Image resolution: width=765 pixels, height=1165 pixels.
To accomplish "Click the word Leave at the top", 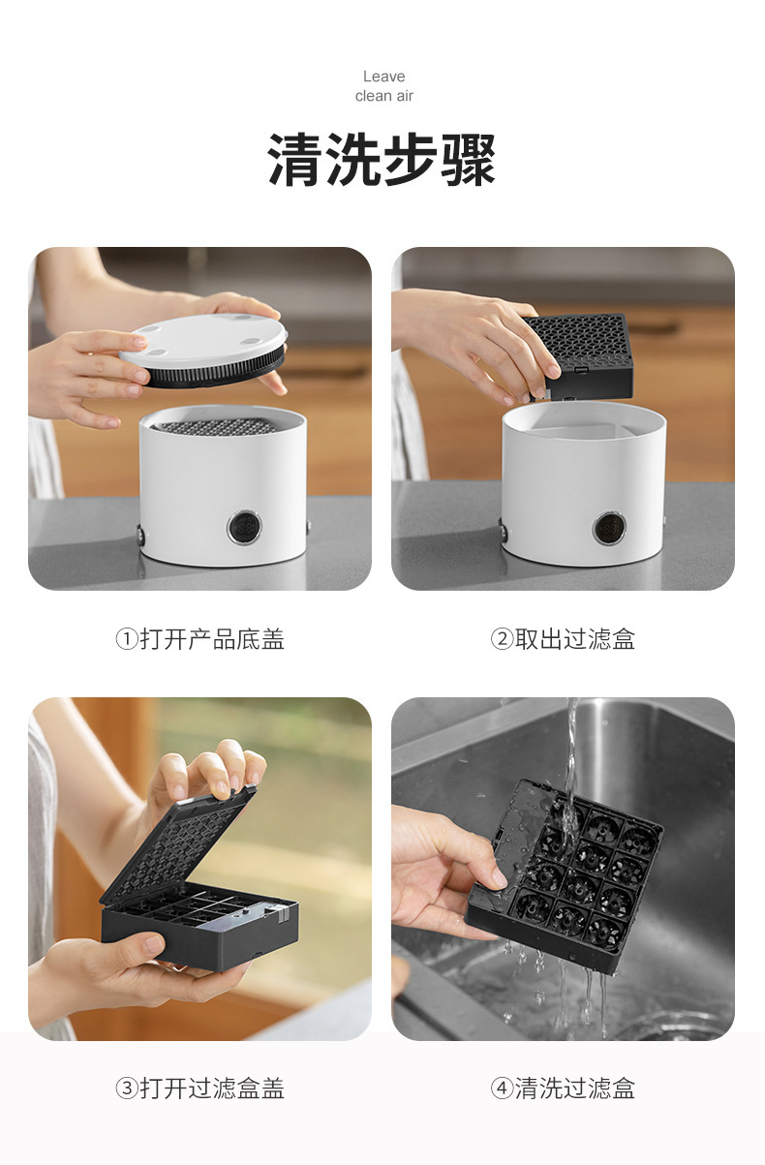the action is click(383, 77).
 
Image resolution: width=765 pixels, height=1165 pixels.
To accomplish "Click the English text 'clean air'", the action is click(383, 96).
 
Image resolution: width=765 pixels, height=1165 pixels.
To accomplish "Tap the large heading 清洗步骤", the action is click(382, 159).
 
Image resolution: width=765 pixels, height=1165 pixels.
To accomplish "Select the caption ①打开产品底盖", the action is click(199, 639).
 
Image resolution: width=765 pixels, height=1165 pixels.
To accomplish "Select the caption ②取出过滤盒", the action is click(563, 639).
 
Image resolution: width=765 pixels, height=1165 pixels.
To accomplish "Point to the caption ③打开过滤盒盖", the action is click(199, 1088).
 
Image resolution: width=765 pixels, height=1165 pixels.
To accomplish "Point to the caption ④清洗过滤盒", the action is click(563, 1088).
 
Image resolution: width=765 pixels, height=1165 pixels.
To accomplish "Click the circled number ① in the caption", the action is click(127, 639).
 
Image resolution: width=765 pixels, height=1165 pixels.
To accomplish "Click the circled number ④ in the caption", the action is click(502, 1088).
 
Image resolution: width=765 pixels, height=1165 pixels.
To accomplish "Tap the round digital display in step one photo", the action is click(244, 529).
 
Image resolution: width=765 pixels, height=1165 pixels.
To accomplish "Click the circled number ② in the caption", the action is click(502, 639).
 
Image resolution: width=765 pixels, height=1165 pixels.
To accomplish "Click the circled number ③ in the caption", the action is click(127, 1088).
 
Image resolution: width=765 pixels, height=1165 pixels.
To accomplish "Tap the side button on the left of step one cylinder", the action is click(139, 535).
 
